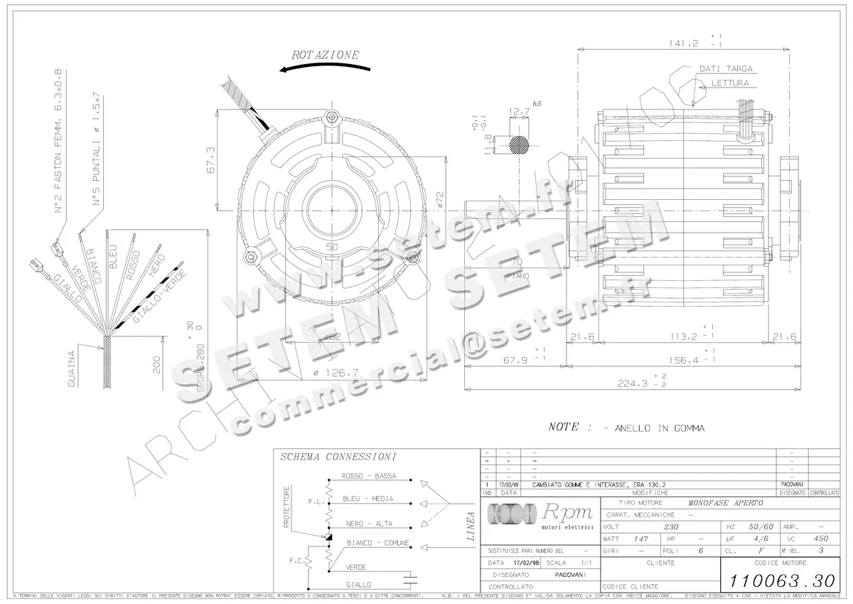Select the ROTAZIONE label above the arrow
coord(326,55)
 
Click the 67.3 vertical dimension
coord(210,160)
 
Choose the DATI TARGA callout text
coord(725,69)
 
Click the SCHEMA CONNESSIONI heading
coord(338,457)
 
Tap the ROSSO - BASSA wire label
coord(369,476)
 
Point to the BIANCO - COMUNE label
coord(377,543)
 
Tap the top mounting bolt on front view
coord(330,117)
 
